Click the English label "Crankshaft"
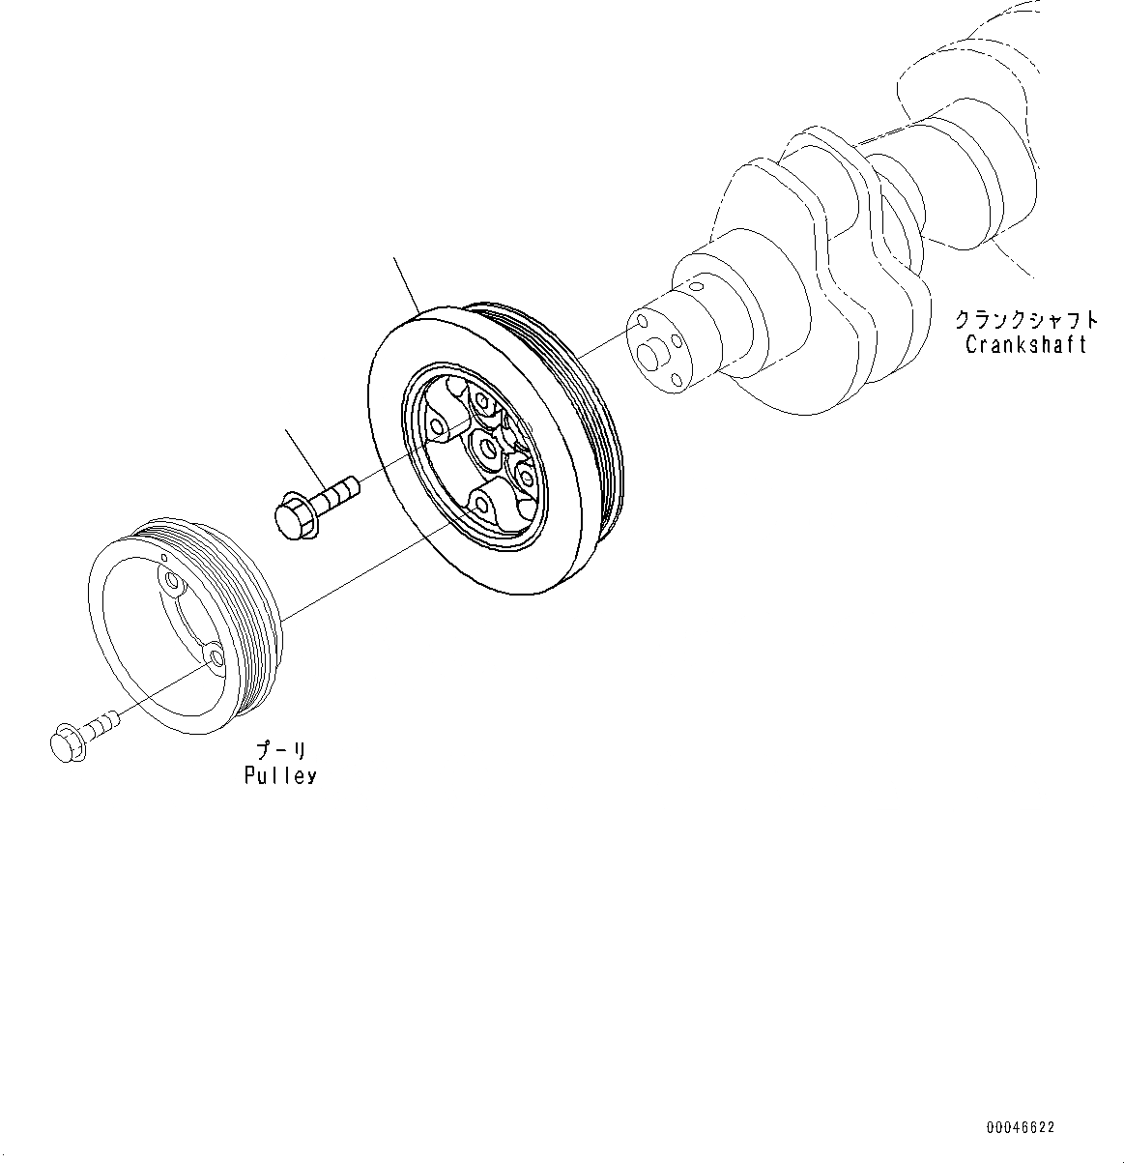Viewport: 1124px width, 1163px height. [1025, 345]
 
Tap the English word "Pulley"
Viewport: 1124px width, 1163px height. [280, 775]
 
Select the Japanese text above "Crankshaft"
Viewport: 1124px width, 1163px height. [1025, 320]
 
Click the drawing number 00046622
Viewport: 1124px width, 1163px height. [1021, 1127]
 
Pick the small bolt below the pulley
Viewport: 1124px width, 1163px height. [83, 732]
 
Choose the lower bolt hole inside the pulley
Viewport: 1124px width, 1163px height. [216, 657]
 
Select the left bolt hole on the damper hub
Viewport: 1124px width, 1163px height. [437, 425]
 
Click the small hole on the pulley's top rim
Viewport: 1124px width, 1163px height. [166, 557]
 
